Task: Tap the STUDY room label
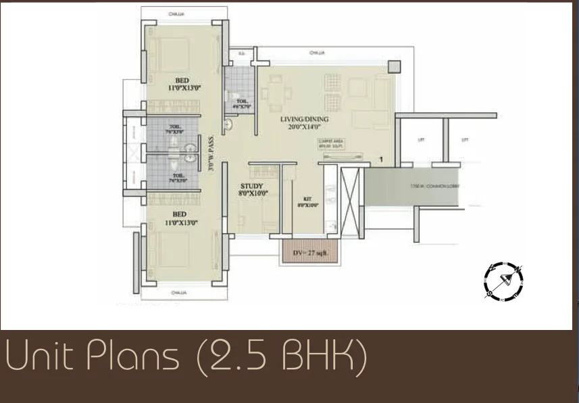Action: click(x=251, y=189)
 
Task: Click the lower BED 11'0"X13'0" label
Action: click(x=178, y=218)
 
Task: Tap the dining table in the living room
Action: click(x=275, y=95)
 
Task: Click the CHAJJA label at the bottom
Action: click(x=178, y=293)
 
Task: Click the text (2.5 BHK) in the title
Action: click(x=282, y=356)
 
